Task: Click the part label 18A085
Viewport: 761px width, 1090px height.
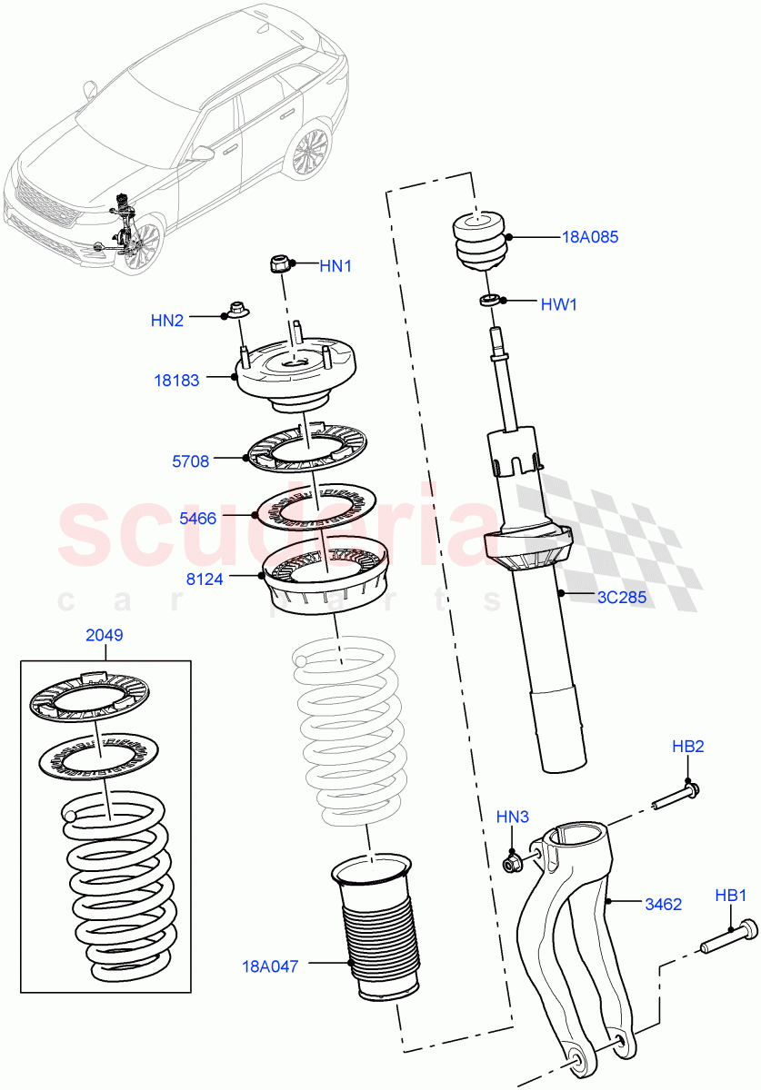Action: click(x=590, y=237)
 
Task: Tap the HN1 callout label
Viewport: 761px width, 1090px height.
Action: click(x=335, y=266)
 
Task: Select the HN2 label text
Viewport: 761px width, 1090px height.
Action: click(x=167, y=320)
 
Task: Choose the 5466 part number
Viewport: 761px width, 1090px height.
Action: click(x=197, y=519)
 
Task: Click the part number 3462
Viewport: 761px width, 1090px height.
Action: click(x=664, y=904)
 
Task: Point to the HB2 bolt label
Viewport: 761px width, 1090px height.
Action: click(x=688, y=747)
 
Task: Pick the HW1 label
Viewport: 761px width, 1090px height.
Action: click(x=559, y=304)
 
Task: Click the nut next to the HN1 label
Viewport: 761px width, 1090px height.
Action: click(x=281, y=264)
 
